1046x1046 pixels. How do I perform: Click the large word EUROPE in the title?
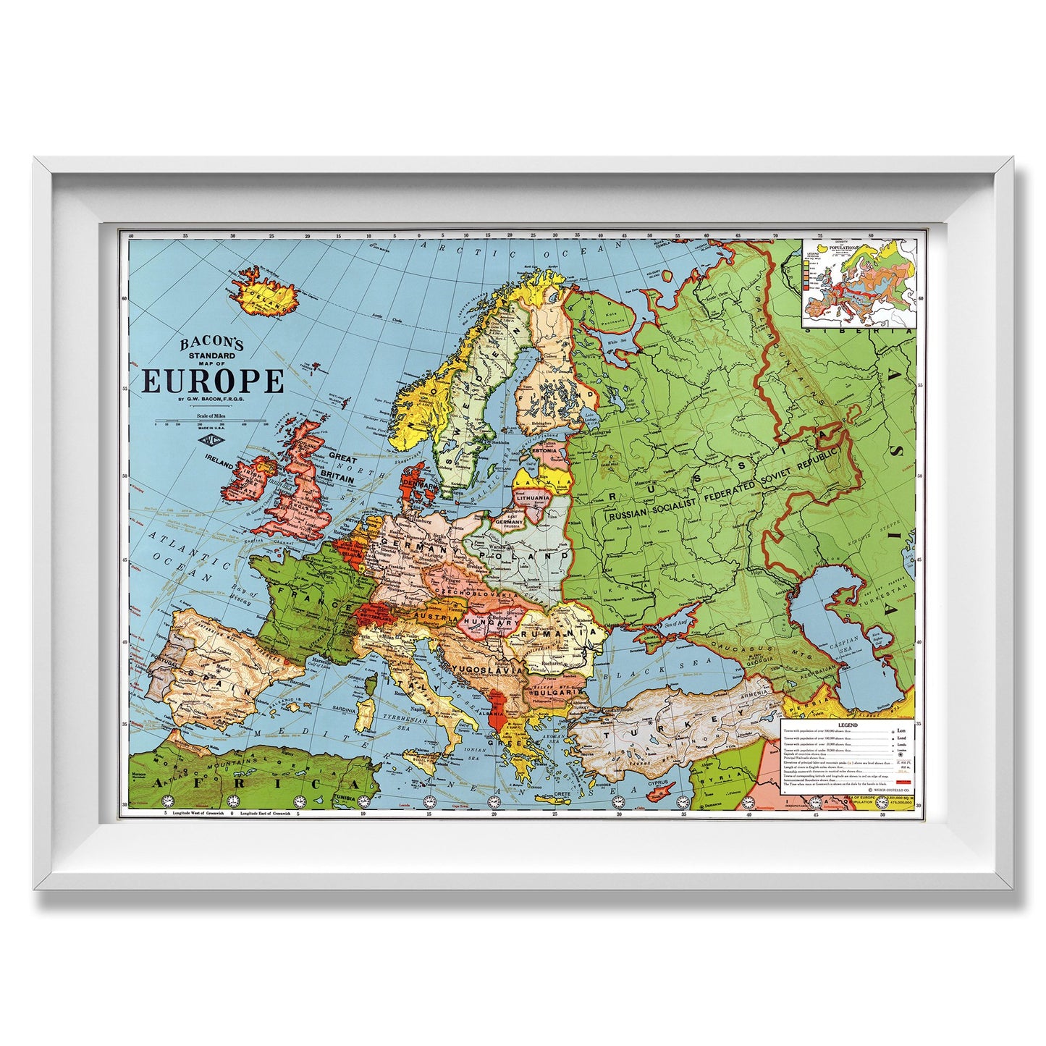[x=214, y=381]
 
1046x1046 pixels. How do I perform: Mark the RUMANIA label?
[x=568, y=632]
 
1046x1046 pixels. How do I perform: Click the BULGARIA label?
[x=556, y=692]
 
